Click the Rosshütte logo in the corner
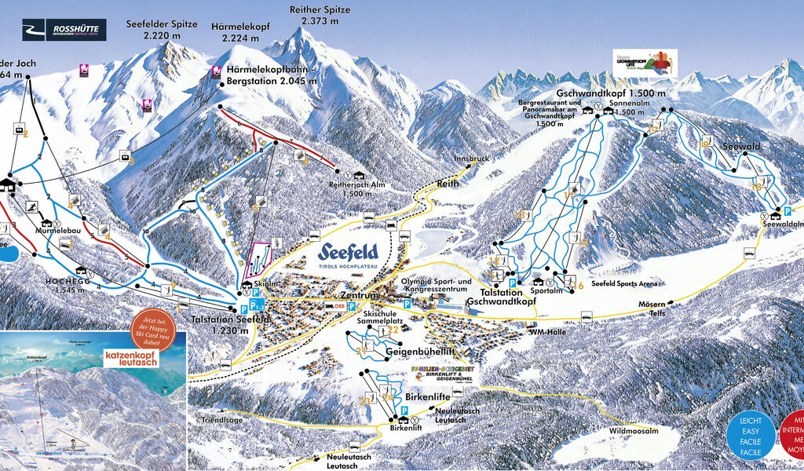[63, 31]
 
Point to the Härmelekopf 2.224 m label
[240, 32]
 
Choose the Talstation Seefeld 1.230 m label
[231, 324]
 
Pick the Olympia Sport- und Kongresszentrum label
[437, 286]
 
